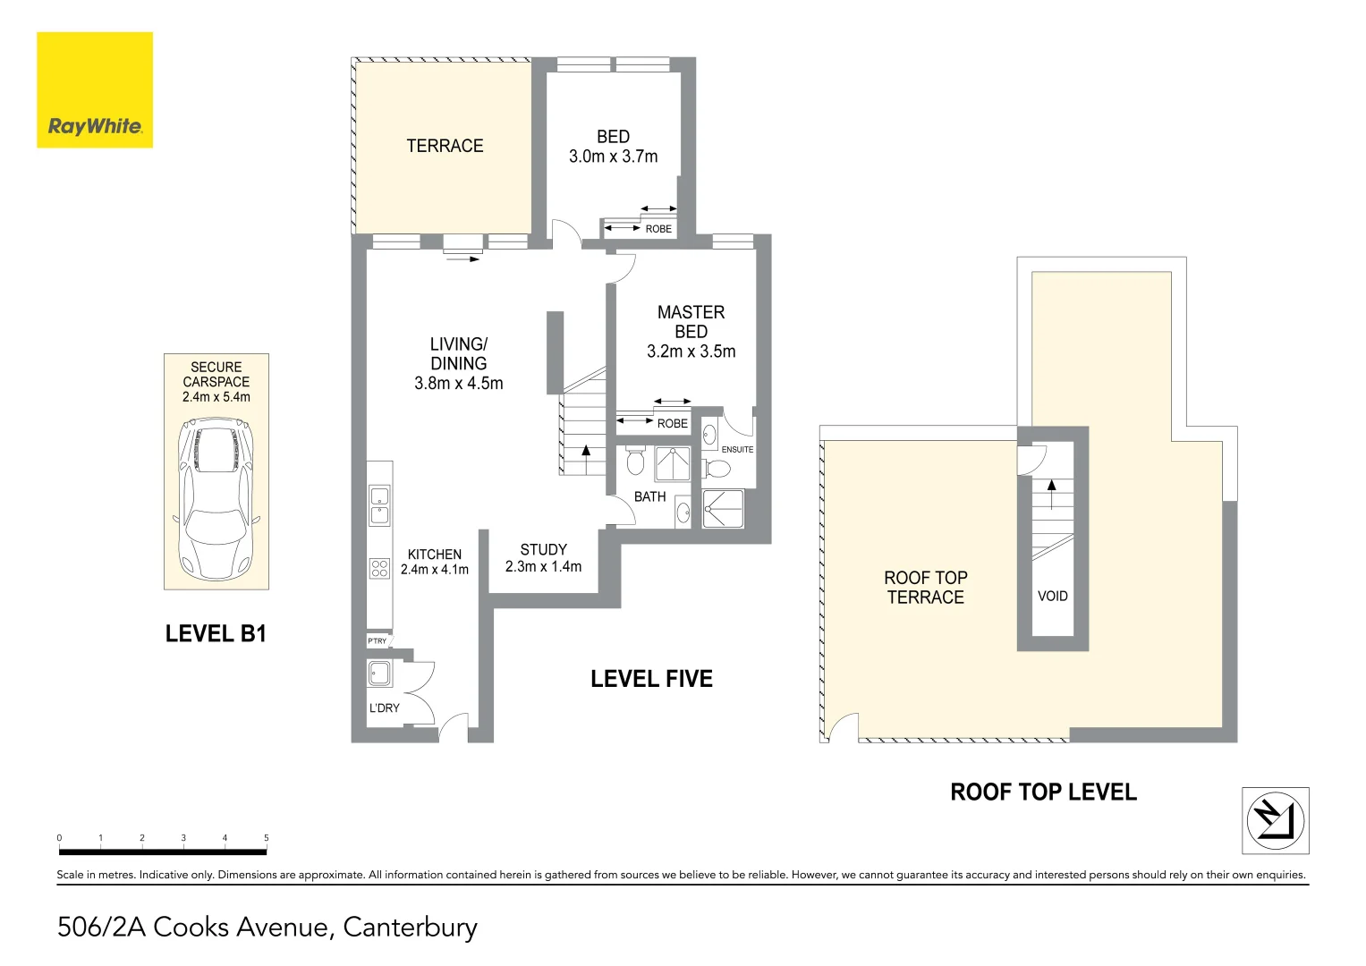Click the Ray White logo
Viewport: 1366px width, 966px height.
[95, 90]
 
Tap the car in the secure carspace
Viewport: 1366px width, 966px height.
[216, 500]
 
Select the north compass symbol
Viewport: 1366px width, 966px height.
[1275, 820]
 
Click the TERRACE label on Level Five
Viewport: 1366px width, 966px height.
[445, 146]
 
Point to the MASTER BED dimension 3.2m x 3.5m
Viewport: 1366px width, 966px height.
[691, 352]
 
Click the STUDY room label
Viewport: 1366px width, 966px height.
[543, 549]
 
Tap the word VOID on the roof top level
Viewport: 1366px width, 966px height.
[1052, 596]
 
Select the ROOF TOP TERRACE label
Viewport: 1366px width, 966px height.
[925, 588]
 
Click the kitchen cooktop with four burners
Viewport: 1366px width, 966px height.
[379, 569]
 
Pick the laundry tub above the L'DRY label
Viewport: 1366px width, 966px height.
[379, 674]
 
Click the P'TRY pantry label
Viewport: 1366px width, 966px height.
[378, 641]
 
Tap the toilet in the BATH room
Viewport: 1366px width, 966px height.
[635, 462]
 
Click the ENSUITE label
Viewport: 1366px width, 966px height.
[737, 450]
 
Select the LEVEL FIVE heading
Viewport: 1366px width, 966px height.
[651, 679]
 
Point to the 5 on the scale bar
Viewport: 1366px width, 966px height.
[266, 838]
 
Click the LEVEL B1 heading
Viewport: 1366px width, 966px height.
[216, 634]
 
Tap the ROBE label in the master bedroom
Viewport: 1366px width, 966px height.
[672, 423]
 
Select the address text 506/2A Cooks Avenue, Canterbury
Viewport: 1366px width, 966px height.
[267, 927]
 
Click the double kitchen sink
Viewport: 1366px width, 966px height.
[379, 505]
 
